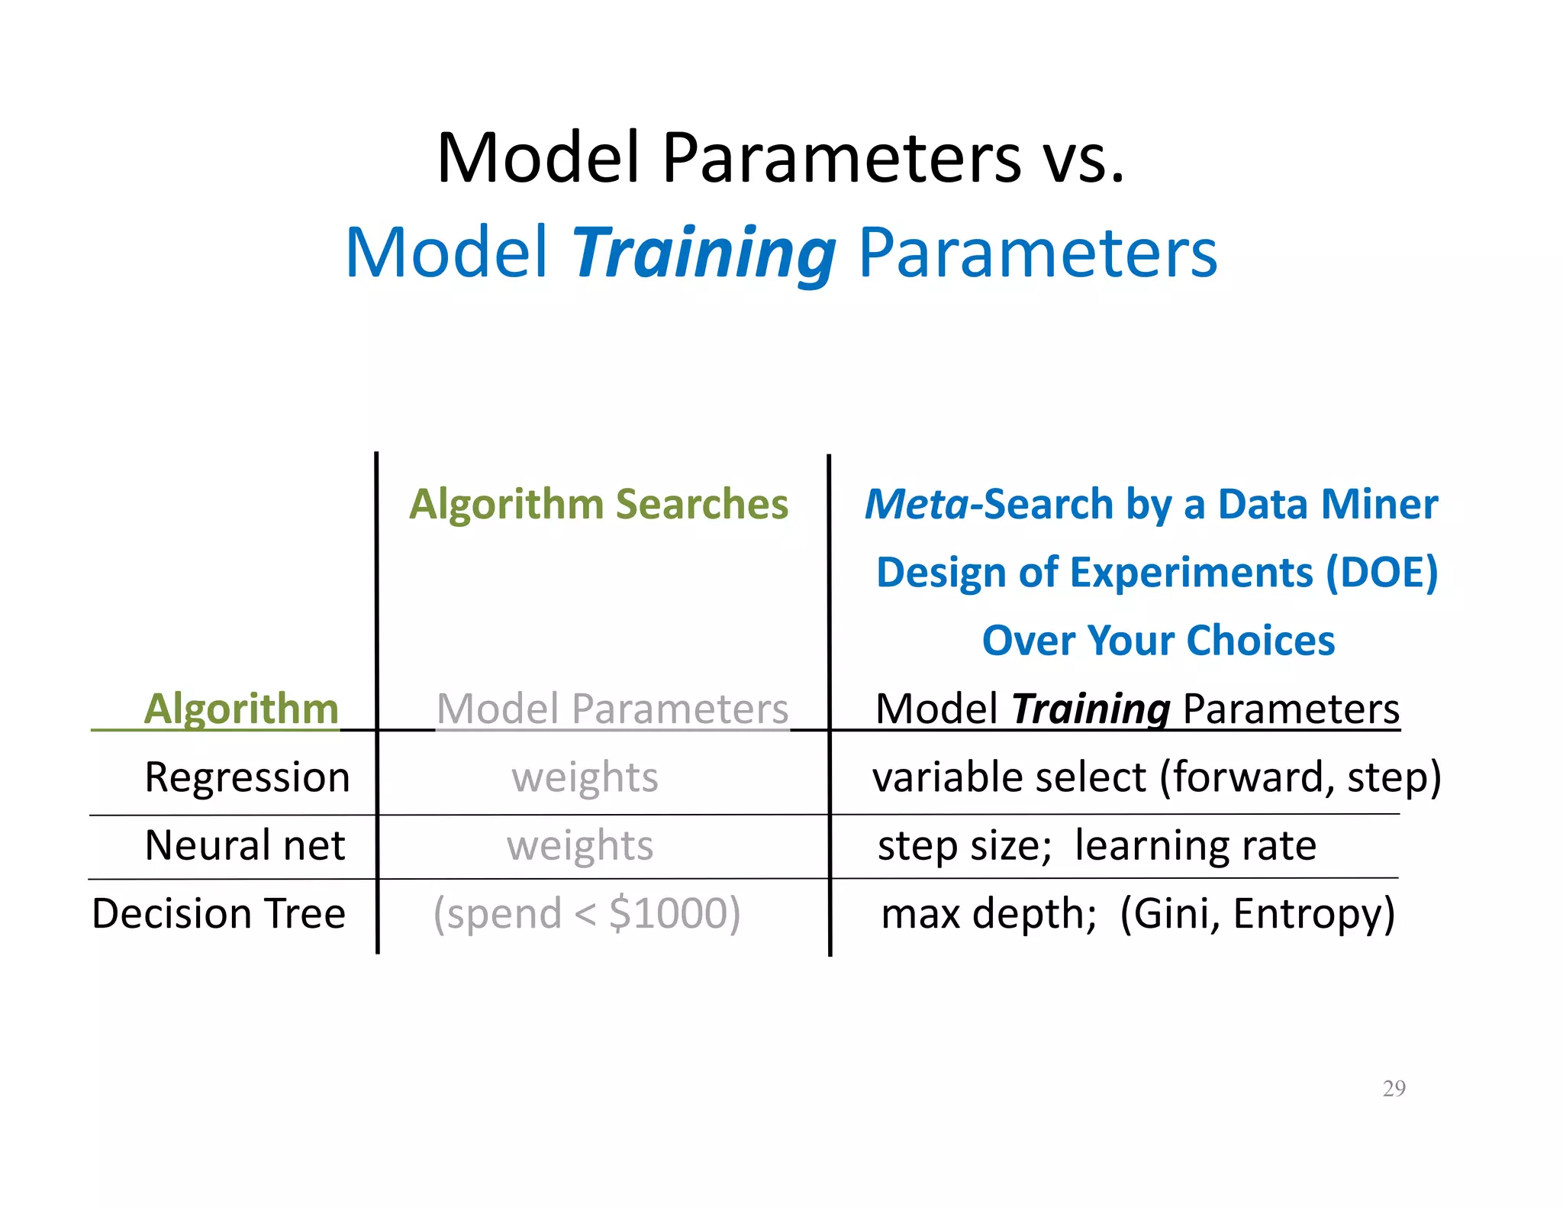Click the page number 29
coord(1394,1088)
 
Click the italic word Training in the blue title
coord(704,254)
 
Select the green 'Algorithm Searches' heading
coord(598,505)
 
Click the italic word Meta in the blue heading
coord(916,505)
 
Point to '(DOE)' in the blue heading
coord(1381,573)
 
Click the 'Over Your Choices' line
coord(1158,640)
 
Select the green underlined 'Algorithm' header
coord(240,709)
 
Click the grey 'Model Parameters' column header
coord(612,709)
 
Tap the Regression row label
coord(247,777)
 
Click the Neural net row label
coord(244,845)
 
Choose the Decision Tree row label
coord(218,913)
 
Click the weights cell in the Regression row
coord(585,777)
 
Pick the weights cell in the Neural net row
coord(580,845)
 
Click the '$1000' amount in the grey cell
coord(666,913)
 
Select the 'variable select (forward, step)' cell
coord(1156,777)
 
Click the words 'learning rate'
coord(1195,845)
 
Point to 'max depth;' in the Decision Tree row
coord(988,913)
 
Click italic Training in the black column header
coord(1090,709)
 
